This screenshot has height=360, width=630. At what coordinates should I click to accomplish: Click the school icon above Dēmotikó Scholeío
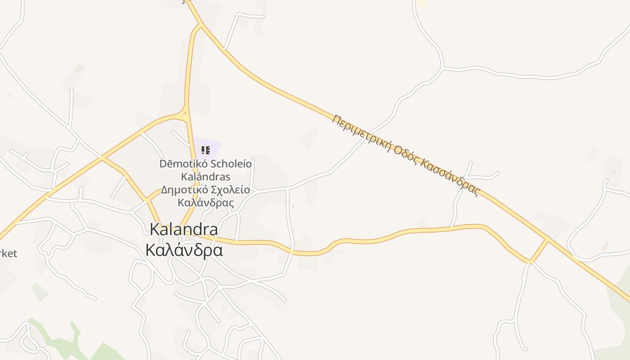coord(205,150)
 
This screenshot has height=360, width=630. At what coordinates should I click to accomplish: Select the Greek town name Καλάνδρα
coord(184,250)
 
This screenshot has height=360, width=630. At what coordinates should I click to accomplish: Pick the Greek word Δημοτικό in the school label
coord(180,189)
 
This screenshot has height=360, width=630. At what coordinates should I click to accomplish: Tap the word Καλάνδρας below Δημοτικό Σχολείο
coord(206,202)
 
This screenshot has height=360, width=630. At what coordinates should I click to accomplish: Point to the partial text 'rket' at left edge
coord(8,253)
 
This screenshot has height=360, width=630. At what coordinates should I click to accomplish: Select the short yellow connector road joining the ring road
coord(539,250)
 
